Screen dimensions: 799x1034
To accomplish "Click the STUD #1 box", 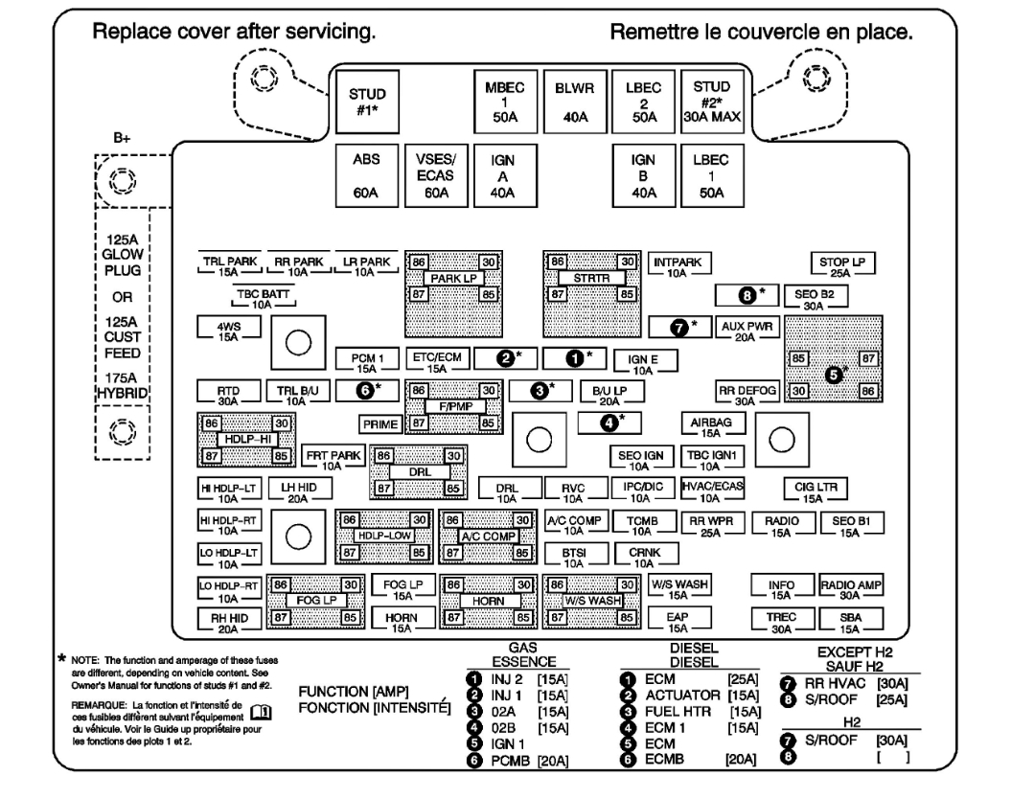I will [x=367, y=102].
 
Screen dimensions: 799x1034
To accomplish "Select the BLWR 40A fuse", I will [x=576, y=102].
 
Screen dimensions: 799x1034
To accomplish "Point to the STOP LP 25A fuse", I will [x=842, y=265].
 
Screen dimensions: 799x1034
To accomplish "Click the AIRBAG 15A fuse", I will [x=710, y=424].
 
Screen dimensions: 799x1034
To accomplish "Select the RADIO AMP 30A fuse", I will [x=851, y=587].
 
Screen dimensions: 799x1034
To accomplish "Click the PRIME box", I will [x=381, y=422].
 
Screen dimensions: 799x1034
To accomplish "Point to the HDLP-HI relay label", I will [x=245, y=438].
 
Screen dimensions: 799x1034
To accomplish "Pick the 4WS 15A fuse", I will [x=228, y=331].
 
